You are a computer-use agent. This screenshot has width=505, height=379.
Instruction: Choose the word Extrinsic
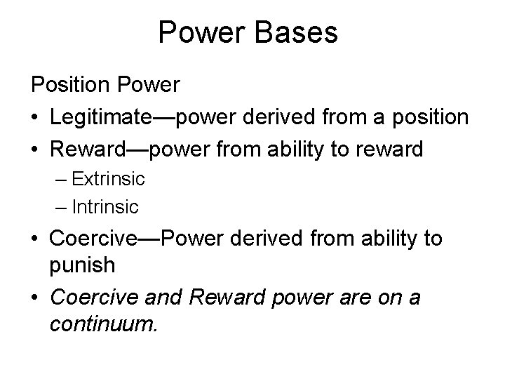(109, 178)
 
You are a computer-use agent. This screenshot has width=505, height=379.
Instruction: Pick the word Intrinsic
(106, 207)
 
